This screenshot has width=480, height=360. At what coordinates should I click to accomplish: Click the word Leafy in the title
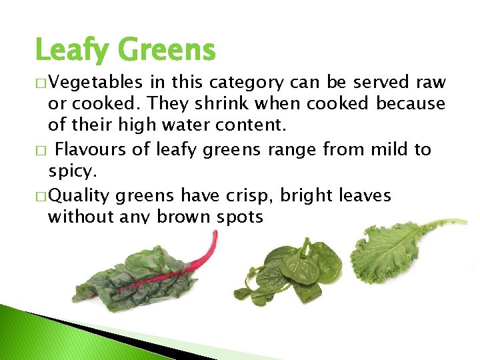73,51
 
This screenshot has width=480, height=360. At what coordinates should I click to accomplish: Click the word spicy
71,171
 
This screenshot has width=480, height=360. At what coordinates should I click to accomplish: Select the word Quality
80,196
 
